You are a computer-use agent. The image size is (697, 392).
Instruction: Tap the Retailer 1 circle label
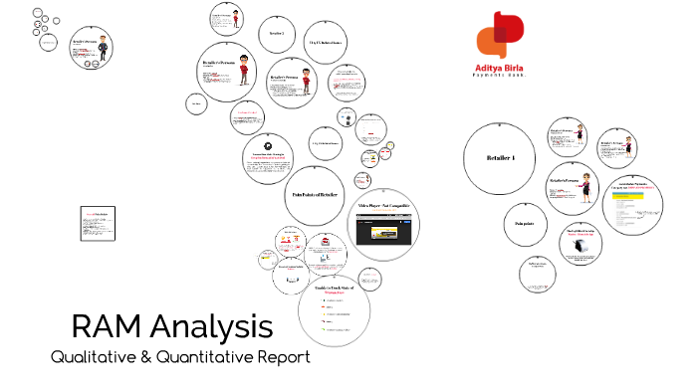point(501,158)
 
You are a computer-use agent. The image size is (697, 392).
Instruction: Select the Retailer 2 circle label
point(277,34)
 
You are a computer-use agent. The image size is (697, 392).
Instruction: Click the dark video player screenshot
point(382,230)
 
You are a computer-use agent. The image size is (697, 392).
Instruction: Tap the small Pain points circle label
point(525,224)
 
